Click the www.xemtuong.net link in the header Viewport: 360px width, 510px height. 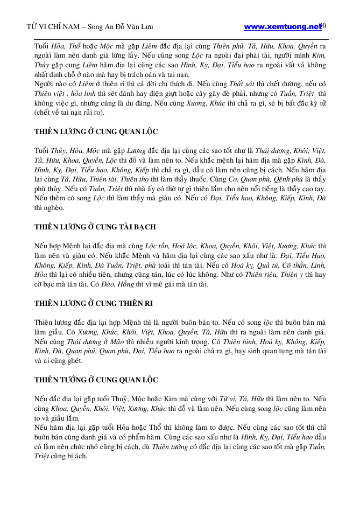point(283,26)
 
